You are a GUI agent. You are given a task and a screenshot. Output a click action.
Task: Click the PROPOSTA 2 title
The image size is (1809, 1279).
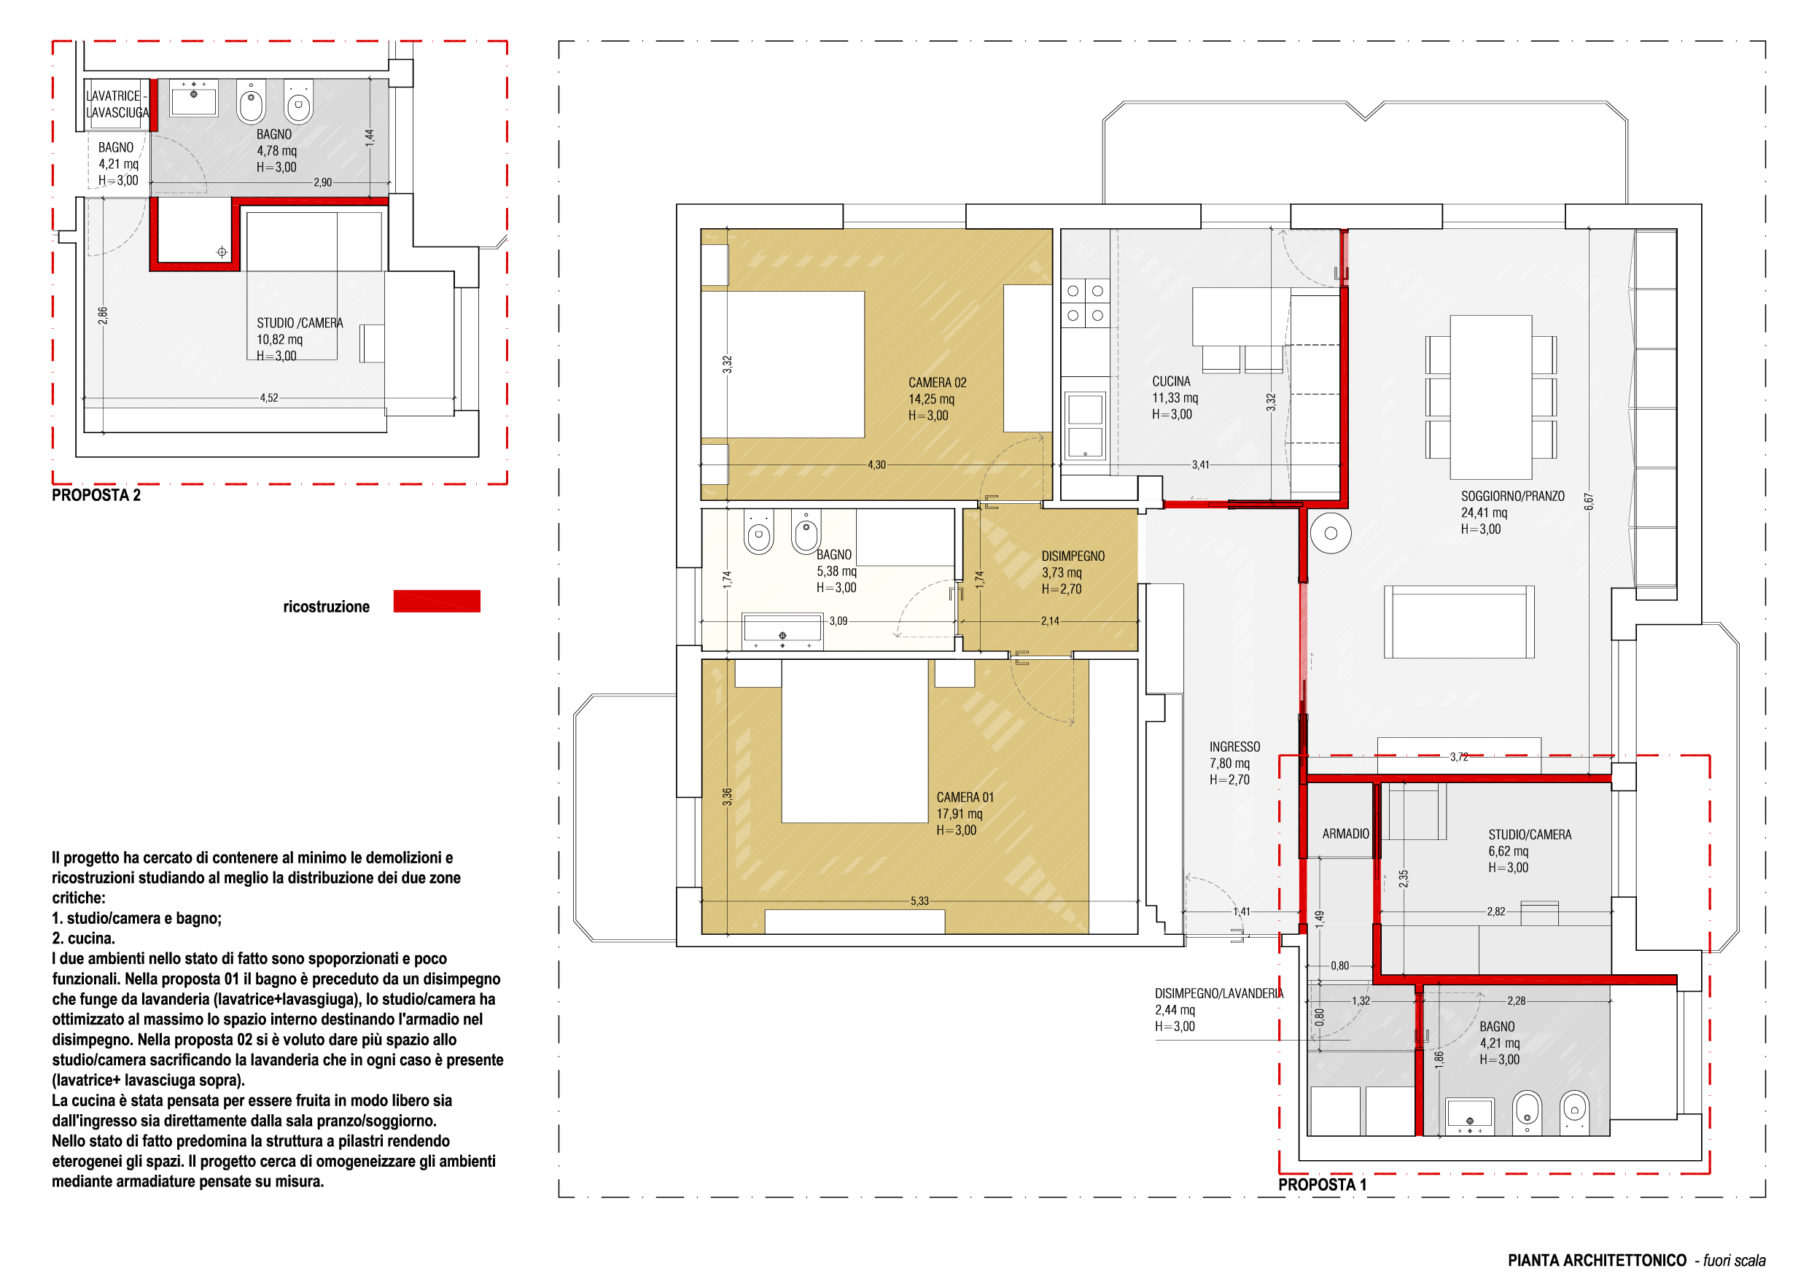pyautogui.click(x=96, y=495)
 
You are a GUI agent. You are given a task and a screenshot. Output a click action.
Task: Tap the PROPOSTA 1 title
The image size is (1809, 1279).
pyautogui.click(x=1322, y=1184)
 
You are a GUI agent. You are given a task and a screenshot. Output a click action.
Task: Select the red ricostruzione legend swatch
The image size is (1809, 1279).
pyautogui.click(x=437, y=602)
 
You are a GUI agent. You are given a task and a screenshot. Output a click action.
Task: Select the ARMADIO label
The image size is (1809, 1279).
pyautogui.click(x=1346, y=833)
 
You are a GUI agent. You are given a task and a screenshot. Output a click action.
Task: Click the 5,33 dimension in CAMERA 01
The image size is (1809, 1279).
pyautogui.click(x=919, y=901)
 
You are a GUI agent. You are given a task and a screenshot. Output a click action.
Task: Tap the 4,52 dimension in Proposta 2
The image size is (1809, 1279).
pyautogui.click(x=268, y=398)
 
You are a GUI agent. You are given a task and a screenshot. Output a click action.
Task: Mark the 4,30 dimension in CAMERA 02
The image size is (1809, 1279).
pyautogui.click(x=876, y=465)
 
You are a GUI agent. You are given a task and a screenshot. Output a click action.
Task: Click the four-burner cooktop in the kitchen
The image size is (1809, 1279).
pyautogui.click(x=1085, y=303)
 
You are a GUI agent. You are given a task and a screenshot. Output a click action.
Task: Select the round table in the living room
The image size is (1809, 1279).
pyautogui.click(x=1331, y=534)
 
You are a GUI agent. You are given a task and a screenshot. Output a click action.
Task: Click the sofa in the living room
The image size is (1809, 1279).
pyautogui.click(x=1459, y=622)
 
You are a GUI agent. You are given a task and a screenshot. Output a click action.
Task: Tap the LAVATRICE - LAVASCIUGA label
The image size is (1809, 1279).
pyautogui.click(x=117, y=104)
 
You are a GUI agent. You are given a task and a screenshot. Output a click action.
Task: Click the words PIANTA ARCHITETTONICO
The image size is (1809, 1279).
pyautogui.click(x=1597, y=1260)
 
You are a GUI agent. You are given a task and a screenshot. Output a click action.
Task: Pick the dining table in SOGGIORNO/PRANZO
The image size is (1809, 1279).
pyautogui.click(x=1490, y=397)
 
